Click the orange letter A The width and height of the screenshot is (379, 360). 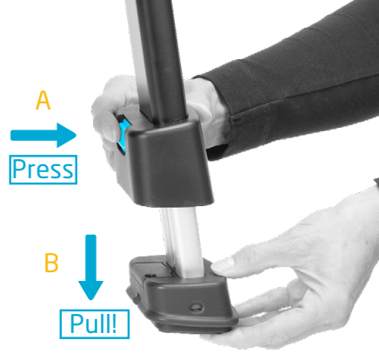(x=43, y=100)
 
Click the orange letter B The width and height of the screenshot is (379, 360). (x=51, y=263)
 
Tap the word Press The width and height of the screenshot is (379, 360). (x=43, y=170)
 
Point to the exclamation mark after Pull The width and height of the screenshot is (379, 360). (x=114, y=323)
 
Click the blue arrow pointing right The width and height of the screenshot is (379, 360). (x=43, y=136)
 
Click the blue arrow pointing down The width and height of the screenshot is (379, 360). (x=90, y=267)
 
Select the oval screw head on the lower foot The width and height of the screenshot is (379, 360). (x=196, y=307)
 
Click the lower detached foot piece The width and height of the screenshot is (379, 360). (x=182, y=294)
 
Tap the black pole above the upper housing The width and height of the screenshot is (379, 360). (x=158, y=58)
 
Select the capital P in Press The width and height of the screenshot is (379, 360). (x=19, y=169)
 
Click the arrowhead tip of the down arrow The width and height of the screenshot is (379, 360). (x=90, y=299)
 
